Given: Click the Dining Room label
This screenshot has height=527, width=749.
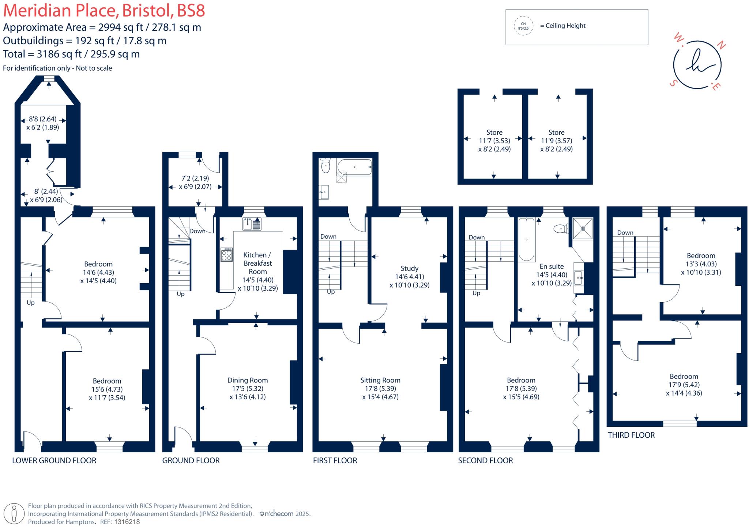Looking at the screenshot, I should click(x=248, y=380).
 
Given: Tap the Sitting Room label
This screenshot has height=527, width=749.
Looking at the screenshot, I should click(x=380, y=380).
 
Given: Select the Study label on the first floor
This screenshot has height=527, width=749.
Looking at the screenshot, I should click(x=409, y=268).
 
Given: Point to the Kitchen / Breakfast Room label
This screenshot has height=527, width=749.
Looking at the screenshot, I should click(x=257, y=263).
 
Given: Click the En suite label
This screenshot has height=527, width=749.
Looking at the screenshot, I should click(x=552, y=266).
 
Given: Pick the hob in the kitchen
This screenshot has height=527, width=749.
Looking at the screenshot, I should click(x=226, y=255).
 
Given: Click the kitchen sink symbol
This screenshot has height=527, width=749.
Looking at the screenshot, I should click(x=252, y=224).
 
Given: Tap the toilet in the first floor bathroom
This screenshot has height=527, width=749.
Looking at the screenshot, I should click(x=325, y=167).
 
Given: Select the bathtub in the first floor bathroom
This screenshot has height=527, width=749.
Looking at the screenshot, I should click(x=354, y=167).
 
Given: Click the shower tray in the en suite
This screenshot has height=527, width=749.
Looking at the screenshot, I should click(x=583, y=228).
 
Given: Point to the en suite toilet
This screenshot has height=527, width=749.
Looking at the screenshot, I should click(x=561, y=229).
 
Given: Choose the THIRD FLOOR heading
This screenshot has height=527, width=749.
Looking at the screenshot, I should click(x=631, y=435).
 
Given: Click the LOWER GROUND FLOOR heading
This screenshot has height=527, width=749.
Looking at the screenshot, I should click(x=54, y=460).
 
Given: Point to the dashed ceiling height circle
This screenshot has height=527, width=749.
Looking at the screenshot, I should click(x=523, y=26).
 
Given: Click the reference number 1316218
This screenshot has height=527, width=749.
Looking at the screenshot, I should click(x=127, y=522).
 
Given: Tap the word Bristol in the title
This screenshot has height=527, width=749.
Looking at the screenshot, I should click(x=148, y=11).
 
